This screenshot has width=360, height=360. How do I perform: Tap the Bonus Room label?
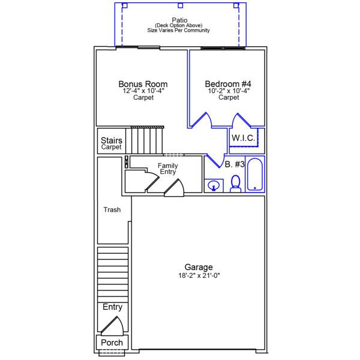[143, 84]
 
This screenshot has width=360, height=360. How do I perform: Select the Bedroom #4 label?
[228, 84]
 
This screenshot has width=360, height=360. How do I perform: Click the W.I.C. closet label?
[244, 138]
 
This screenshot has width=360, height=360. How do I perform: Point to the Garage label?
[198, 268]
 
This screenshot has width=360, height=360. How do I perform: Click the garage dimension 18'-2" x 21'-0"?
[198, 276]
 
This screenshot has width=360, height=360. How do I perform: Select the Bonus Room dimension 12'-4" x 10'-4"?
[143, 91]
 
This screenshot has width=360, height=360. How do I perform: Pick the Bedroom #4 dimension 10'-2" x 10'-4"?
[228, 91]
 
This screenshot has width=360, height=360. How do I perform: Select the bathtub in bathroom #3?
[255, 174]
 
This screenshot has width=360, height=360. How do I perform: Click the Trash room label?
[112, 210]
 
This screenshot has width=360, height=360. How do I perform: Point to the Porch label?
[112, 343]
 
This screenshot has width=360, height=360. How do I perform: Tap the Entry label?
[112, 307]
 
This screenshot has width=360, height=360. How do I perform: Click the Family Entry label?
[167, 169]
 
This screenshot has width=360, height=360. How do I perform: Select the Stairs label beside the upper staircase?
[112, 141]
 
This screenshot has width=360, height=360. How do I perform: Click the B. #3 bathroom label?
[235, 164]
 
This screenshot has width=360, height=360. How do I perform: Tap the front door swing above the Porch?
[112, 325]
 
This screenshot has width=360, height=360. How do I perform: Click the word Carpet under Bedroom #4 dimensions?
[228, 98]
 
